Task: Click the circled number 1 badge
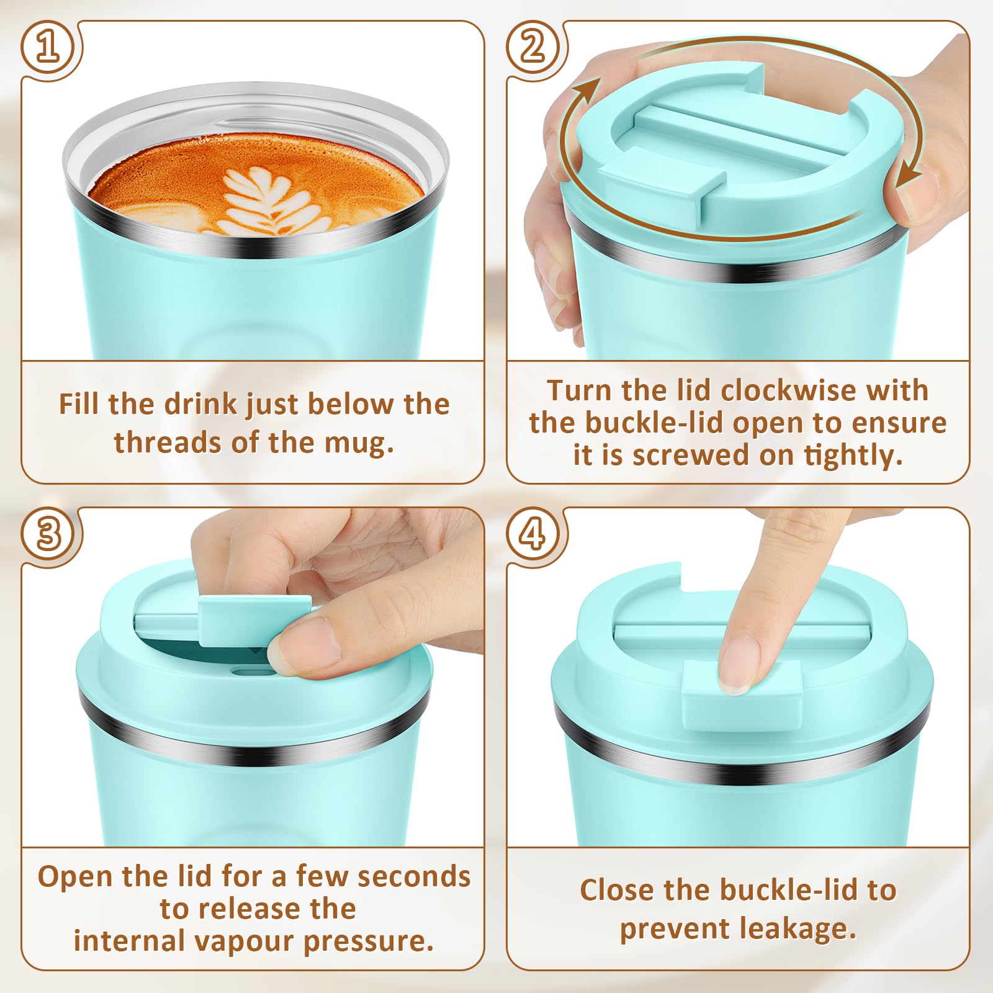[x=49, y=48]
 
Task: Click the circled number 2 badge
[x=533, y=48]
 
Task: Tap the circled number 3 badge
[x=49, y=534]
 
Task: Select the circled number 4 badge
[x=533, y=534]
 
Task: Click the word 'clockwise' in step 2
[x=788, y=390]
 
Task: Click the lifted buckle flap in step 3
[x=254, y=620]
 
